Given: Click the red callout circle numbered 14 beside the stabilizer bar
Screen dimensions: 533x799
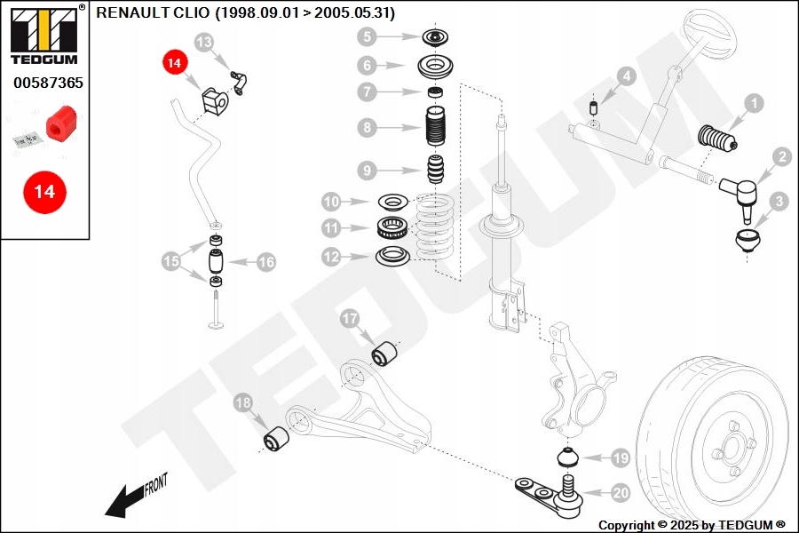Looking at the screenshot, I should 175,63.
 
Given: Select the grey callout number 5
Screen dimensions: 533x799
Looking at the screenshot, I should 368,37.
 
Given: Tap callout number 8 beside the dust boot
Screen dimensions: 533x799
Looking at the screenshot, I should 368,128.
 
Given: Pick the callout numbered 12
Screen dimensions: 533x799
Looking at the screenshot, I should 331,257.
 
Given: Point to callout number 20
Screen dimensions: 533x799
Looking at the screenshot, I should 620,491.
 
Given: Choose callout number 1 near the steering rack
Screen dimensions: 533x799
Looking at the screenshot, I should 753,104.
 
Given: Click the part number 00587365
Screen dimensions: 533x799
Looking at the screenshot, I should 48,83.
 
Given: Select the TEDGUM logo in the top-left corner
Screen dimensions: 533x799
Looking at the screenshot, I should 44,35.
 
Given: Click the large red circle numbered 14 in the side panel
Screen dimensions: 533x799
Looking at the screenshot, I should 44,191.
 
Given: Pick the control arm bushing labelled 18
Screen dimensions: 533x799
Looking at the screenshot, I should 276,439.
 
